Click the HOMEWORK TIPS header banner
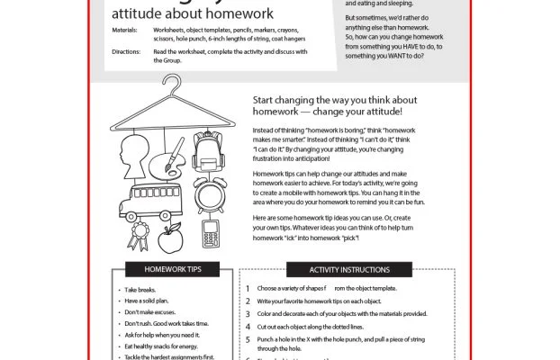click(172, 269)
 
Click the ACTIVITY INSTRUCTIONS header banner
click(349, 269)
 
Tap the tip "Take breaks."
click(143, 290)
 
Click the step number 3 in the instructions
click(248, 314)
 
